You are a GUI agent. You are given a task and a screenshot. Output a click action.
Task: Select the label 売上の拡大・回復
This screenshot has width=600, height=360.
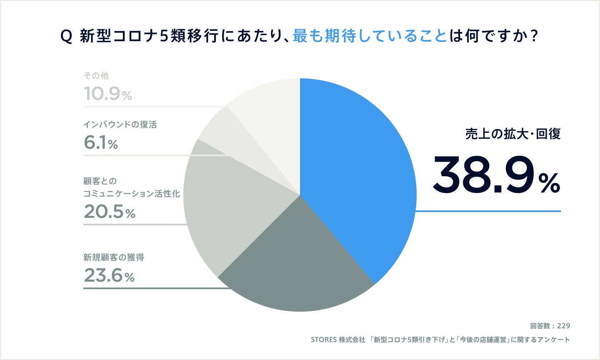coord(512,134)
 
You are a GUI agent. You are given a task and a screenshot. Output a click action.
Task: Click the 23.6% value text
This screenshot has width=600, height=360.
coord(109,275)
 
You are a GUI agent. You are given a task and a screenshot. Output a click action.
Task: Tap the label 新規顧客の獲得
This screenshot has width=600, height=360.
coord(114,257)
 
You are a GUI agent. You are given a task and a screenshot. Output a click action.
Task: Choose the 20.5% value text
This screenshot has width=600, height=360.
coord(109,212)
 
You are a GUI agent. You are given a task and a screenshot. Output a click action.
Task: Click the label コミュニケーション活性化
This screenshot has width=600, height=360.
coord(132,194)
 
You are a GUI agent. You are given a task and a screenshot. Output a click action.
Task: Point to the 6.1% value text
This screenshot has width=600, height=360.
coord(101,143)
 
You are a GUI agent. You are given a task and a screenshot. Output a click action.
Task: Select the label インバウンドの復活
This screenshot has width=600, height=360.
coord(120,125)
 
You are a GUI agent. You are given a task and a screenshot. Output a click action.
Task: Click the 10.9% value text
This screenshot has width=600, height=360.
coord(107,94)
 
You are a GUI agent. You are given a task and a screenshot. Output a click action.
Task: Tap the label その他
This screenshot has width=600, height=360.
coord(96,75)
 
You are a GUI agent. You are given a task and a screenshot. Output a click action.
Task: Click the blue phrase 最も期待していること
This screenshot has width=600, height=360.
coord(370,36)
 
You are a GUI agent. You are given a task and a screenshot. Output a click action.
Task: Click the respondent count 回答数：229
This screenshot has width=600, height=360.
coord(550,326)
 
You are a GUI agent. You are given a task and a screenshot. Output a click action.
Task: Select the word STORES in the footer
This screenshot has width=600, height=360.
coord(324,340)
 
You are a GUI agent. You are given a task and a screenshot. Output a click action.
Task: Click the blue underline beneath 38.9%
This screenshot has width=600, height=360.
coord(487,211)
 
